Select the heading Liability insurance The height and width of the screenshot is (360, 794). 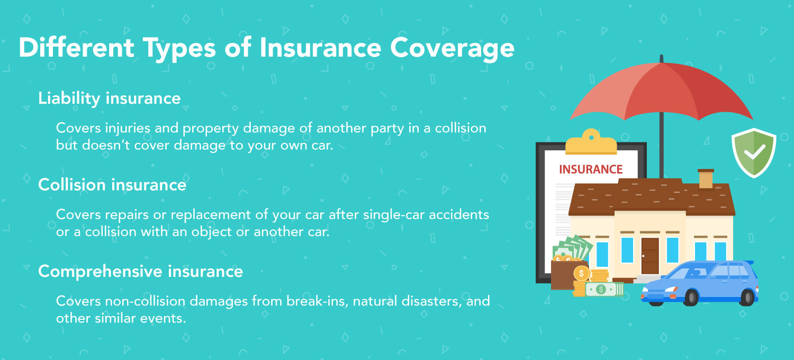click(x=110, y=98)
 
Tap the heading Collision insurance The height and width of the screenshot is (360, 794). click(x=112, y=185)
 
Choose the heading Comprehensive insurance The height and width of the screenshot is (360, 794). click(x=140, y=271)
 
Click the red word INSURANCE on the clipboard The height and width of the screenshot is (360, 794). click(x=591, y=169)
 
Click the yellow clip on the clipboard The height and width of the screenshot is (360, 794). click(x=591, y=142)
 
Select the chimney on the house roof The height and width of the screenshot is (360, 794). click(x=706, y=179)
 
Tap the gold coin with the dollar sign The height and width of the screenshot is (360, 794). click(x=581, y=273)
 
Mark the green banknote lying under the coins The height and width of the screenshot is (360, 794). click(x=602, y=289)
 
